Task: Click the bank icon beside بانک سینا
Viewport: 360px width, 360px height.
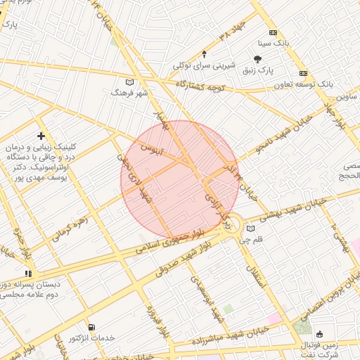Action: tap(273, 32)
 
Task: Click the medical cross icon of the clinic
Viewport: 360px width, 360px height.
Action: tap(41, 135)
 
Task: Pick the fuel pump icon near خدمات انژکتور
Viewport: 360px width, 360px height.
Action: tap(91, 327)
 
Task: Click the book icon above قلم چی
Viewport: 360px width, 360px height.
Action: tap(251, 229)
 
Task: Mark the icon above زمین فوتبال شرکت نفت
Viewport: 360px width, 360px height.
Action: tap(320, 334)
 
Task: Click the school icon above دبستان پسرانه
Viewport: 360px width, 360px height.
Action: tap(28, 274)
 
